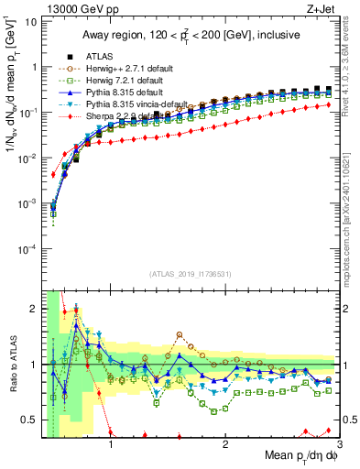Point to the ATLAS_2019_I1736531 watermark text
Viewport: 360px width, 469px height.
(190, 274)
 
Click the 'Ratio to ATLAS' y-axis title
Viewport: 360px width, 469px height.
(12, 364)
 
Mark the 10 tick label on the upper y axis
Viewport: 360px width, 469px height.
(30, 21)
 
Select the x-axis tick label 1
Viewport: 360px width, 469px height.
(111, 446)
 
